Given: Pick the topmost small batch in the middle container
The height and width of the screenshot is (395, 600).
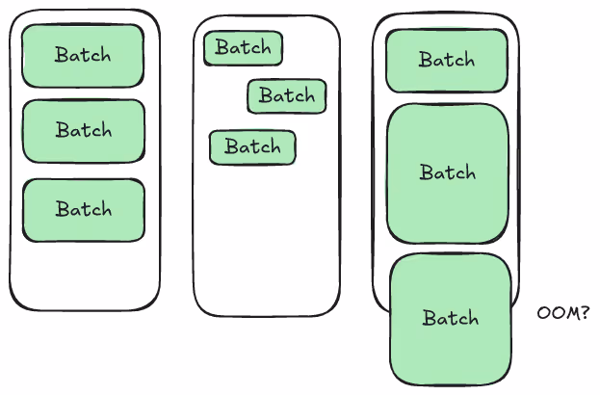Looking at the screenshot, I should [243, 48].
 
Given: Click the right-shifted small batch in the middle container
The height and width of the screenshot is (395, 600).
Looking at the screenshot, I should [287, 96].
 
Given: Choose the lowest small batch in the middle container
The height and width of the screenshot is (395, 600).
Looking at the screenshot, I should [252, 147].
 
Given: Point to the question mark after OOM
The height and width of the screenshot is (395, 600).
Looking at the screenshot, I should [585, 313].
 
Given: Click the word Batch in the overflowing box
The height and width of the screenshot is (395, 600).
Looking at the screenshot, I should [451, 318].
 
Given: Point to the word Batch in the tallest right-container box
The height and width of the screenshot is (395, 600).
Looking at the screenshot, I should [447, 173].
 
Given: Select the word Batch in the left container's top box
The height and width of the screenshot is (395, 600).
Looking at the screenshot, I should [83, 55].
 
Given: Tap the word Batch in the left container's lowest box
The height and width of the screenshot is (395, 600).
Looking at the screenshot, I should [83, 209].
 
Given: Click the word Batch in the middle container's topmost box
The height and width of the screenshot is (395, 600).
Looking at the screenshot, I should [243, 48].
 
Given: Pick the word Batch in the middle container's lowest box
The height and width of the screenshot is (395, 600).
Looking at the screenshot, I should [252, 147].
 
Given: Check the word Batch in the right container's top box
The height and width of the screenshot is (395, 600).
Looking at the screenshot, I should [447, 60].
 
